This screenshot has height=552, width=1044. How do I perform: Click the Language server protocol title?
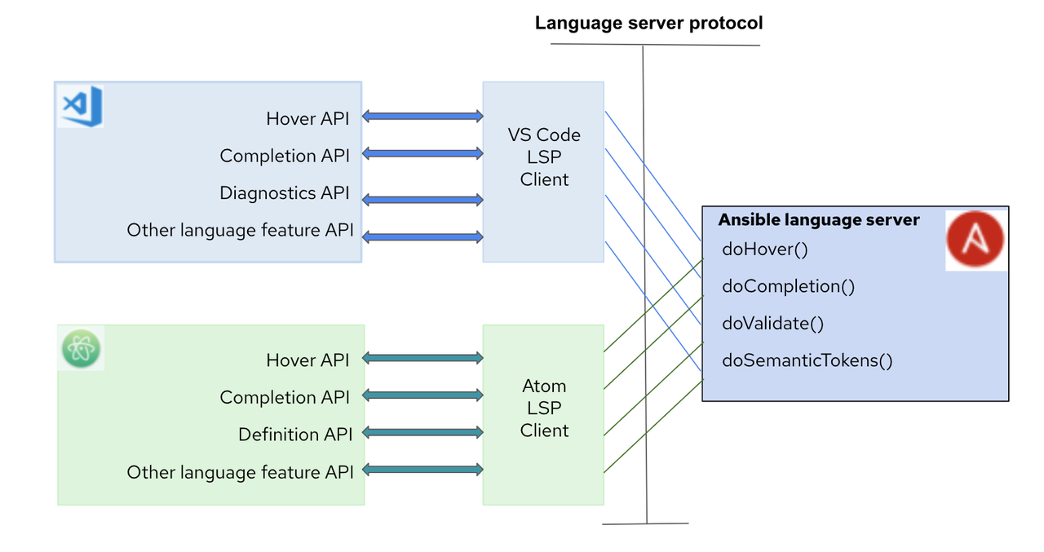[x=648, y=23]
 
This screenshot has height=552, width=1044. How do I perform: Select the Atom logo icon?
[x=81, y=349]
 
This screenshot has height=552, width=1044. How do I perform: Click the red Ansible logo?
[x=975, y=239]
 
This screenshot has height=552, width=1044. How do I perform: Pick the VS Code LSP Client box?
[x=543, y=157]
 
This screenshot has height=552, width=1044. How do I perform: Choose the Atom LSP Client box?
[x=543, y=408]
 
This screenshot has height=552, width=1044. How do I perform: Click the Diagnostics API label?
[x=285, y=193]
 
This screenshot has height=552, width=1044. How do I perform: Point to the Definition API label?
[x=295, y=435]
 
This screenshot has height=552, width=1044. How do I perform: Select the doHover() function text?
[x=764, y=250]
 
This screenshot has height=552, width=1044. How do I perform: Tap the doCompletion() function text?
[x=788, y=286]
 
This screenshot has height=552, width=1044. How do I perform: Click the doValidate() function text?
[x=772, y=324]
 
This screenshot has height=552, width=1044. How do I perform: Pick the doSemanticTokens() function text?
[x=807, y=360]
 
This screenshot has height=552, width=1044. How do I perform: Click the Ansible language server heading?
[x=818, y=220]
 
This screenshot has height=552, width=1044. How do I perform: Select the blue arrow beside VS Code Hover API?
[x=422, y=117]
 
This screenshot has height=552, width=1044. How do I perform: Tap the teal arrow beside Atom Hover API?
[x=422, y=358]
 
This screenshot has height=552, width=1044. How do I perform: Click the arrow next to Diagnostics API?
[x=422, y=200]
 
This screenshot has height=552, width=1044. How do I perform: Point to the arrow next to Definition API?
[x=422, y=432]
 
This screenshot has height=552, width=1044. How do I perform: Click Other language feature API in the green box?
[x=240, y=472]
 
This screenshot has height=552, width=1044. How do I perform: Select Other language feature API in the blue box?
[x=240, y=231]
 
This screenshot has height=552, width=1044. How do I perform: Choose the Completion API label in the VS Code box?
[x=285, y=156]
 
